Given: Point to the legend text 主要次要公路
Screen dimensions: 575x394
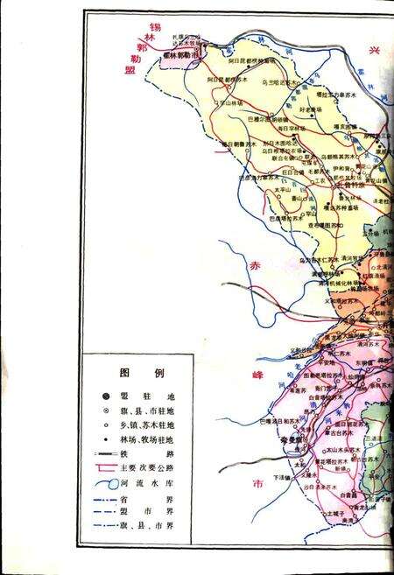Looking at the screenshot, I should [146, 469].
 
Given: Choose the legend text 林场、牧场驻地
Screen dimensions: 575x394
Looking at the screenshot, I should [146, 439].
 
